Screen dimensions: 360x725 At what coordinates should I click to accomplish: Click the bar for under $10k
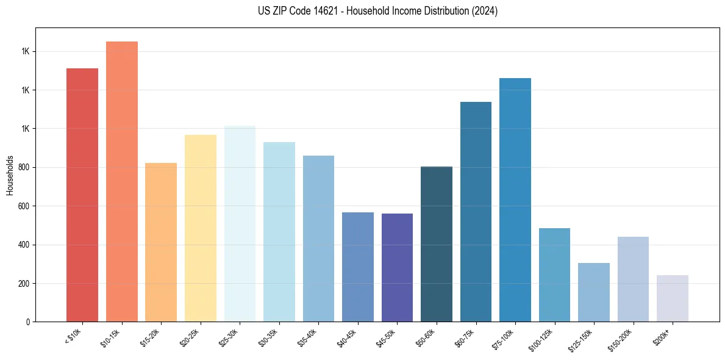(82, 195)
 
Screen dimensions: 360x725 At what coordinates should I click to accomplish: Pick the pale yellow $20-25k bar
(201, 228)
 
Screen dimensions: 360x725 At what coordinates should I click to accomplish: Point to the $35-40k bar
(318, 239)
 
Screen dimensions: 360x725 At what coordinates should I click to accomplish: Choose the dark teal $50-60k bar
(437, 244)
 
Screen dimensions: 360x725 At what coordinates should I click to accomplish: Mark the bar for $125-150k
(594, 292)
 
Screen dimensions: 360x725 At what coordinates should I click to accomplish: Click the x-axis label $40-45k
(346, 337)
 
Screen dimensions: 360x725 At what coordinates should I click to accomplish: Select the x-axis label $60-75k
(465, 337)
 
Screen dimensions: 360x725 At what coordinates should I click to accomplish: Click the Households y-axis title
(10, 175)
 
